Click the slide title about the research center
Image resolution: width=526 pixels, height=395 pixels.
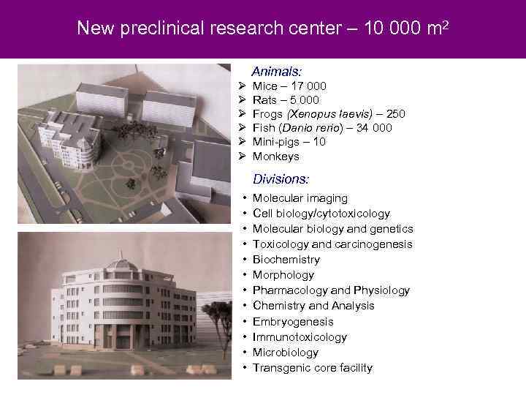click(263, 29)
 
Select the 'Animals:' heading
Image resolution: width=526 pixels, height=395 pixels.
click(277, 72)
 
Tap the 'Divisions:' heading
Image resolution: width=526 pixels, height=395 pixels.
click(281, 178)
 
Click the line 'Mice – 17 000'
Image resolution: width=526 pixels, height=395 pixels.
click(289, 86)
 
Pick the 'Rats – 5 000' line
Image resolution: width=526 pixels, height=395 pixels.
click(286, 100)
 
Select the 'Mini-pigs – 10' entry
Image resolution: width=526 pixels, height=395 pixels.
click(289, 142)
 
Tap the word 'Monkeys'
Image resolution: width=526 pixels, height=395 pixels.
click(275, 157)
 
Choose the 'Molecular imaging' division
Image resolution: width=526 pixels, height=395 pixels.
click(300, 198)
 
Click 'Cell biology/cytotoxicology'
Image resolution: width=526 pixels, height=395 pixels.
click(321, 214)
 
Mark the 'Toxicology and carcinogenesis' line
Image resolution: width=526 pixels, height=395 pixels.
click(332, 244)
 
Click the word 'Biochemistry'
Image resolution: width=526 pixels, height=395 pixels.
click(286, 260)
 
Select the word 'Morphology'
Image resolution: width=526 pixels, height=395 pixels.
click(283, 275)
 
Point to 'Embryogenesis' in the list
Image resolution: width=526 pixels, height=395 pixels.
click(293, 322)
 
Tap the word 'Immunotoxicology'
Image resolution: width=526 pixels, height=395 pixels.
click(300, 337)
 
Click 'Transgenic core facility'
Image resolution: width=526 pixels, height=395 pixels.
click(313, 368)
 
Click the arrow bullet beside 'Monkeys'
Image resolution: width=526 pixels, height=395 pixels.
click(240, 157)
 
